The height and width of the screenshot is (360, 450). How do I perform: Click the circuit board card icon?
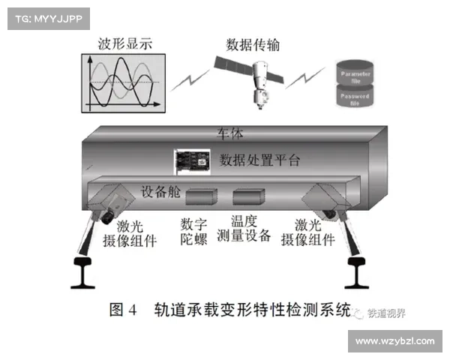(192, 162)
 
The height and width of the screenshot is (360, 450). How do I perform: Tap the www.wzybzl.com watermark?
(394, 341)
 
